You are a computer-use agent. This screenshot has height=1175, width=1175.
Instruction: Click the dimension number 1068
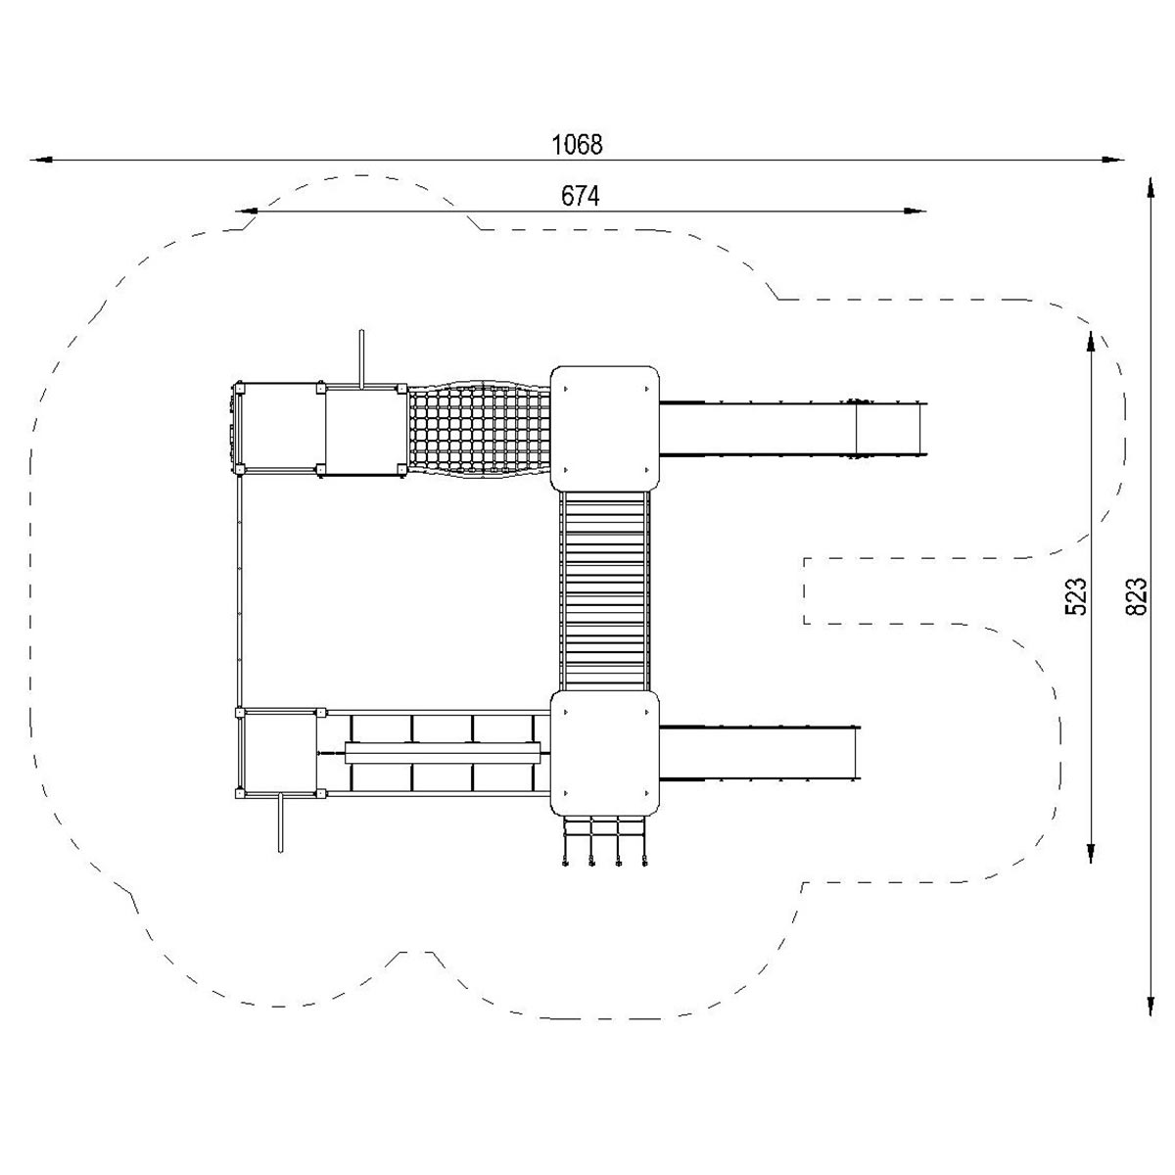576,145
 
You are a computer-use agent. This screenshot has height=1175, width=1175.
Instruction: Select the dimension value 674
580,197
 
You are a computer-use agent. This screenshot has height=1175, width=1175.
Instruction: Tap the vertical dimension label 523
1075,595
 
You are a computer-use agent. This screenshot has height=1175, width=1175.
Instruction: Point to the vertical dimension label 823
1137,595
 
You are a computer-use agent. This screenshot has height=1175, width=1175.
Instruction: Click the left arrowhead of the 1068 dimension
41,161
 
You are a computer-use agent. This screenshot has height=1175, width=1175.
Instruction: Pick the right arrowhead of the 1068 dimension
1112,161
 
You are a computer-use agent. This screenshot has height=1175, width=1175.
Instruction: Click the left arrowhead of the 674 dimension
247,211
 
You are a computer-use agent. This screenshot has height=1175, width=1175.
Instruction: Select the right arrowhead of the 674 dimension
915,211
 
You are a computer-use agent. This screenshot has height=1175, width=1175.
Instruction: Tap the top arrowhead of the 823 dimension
1150,188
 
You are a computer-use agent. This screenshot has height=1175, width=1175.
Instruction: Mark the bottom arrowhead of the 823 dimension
1150,1004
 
